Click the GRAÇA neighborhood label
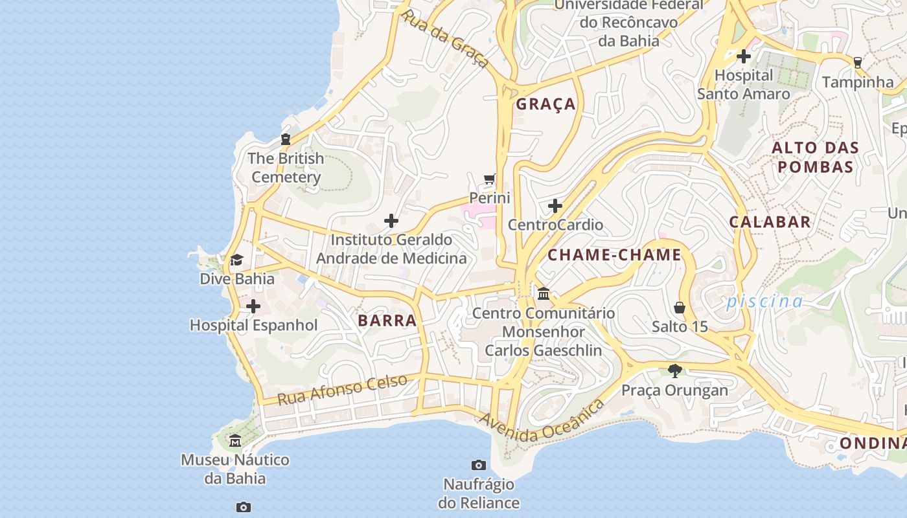click(x=545, y=104)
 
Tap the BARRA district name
click(x=387, y=321)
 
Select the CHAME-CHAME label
click(x=614, y=255)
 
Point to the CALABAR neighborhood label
click(x=770, y=222)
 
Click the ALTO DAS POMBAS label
click(x=815, y=157)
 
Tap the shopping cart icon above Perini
click(x=490, y=179)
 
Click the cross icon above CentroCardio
click(x=555, y=207)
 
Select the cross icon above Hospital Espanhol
click(x=253, y=306)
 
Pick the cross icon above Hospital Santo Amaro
click(x=744, y=56)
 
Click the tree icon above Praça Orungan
click(x=675, y=371)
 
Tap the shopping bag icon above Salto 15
click(x=680, y=307)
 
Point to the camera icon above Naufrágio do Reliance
click(x=479, y=465)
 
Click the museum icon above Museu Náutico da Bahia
click(x=235, y=441)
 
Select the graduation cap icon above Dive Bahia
click(x=236, y=260)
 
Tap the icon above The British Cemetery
click(x=285, y=139)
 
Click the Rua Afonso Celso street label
click(x=342, y=389)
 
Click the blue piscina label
click(x=764, y=301)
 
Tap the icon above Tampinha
click(x=858, y=63)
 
